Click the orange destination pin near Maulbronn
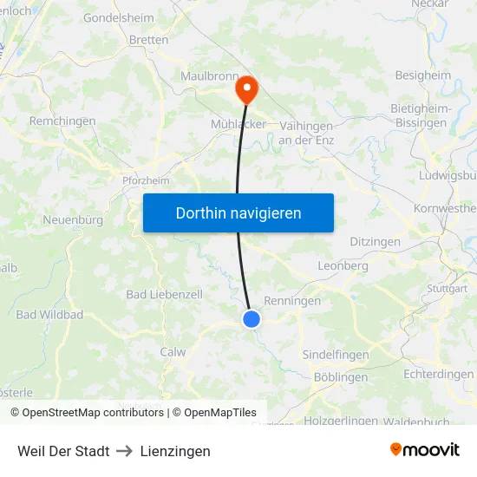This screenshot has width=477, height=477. pyautogui.click(x=246, y=88)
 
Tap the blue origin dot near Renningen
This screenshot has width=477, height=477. pyautogui.click(x=252, y=319)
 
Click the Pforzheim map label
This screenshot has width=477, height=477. pyautogui.click(x=146, y=180)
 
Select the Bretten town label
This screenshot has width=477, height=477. pyautogui.click(x=148, y=40)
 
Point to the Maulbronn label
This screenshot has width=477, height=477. pyautogui.click(x=208, y=75)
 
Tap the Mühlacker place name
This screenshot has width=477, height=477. pyautogui.click(x=238, y=124)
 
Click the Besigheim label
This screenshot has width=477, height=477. pyautogui.click(x=423, y=75)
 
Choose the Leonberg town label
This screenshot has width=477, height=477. pyautogui.click(x=343, y=265)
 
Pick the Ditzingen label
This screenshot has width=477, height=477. pyautogui.click(x=375, y=241)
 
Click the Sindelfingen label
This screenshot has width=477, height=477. pyautogui.click(x=335, y=355)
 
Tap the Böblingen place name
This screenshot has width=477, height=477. pyautogui.click(x=340, y=377)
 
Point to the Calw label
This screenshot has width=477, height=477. pyautogui.click(x=173, y=352)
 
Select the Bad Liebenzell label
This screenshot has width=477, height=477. pyautogui.click(x=164, y=295)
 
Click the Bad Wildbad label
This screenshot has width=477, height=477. pyautogui.click(x=49, y=314)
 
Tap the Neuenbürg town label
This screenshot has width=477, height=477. pyautogui.click(x=73, y=220)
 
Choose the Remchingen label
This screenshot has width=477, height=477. pyautogui.click(x=62, y=121)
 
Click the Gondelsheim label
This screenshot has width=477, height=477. pyautogui.click(x=118, y=17)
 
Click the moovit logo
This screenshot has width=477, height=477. pyautogui.click(x=425, y=450)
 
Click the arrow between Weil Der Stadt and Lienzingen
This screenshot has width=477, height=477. pyautogui.click(x=125, y=451)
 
